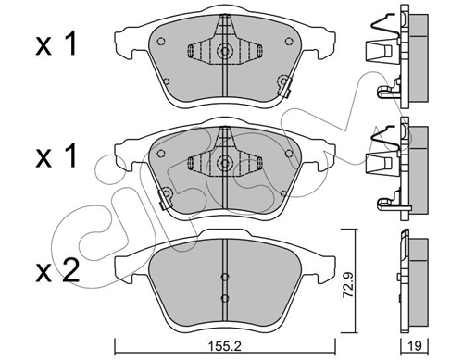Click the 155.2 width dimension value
(x=224, y=346)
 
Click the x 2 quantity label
(x=57, y=270)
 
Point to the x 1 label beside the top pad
(x=56, y=44)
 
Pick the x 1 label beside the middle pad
(x=56, y=156)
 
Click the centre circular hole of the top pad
(x=225, y=50)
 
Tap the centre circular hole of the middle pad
(x=225, y=162)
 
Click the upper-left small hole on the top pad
(x=161, y=41)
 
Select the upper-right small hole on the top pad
(x=289, y=41)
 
